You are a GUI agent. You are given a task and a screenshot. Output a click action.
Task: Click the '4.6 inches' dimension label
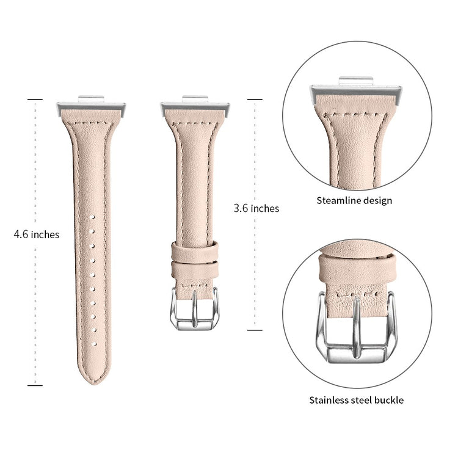tap(37, 234)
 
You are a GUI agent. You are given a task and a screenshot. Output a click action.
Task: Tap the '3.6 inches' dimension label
tap(256, 208)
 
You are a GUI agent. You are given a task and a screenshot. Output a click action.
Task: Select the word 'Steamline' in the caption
tap(337, 200)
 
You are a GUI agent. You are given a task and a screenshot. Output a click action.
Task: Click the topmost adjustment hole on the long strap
tap(93, 217)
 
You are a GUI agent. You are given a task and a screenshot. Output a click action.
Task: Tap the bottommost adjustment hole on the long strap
tap(94, 344)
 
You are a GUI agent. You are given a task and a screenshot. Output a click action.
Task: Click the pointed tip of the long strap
tap(94, 384)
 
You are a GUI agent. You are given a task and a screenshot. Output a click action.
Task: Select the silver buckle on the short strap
tap(195, 310)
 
